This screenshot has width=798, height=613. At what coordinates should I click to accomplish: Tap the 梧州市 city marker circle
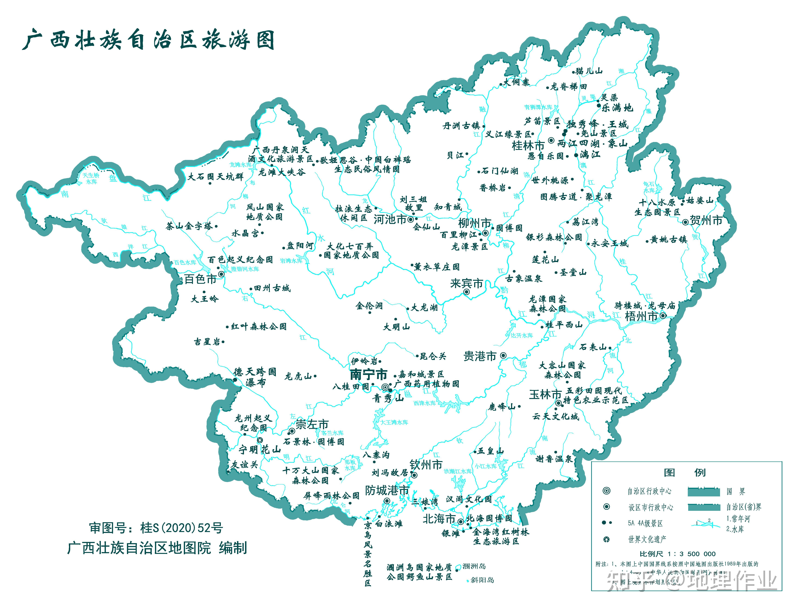[x=663, y=316]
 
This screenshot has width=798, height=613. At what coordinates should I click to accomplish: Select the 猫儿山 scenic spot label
[x=589, y=71]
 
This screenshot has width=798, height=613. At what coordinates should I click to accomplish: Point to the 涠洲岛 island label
[x=474, y=566]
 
